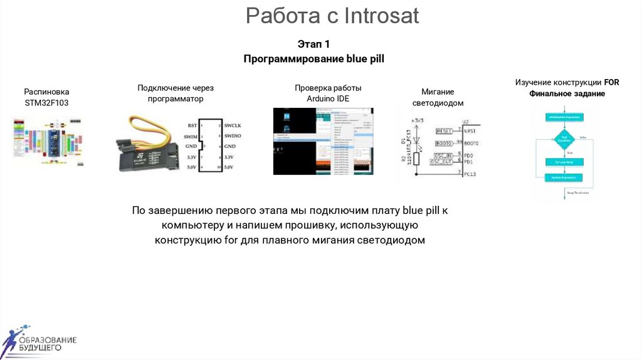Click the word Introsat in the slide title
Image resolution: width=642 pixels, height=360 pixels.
[381, 15]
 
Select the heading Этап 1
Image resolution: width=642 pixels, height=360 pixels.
[313, 44]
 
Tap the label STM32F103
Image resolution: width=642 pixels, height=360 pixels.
[46, 102]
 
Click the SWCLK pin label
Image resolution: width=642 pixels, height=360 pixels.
[233, 125]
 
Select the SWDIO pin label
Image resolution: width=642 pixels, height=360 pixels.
[233, 135]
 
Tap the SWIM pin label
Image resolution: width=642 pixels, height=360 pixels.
[191, 136]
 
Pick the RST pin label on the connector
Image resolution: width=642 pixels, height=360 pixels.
[192, 125]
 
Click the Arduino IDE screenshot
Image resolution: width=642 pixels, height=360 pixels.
[323, 141]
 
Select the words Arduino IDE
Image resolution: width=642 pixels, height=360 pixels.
[328, 99]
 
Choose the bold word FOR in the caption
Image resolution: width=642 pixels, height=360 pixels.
[611, 82]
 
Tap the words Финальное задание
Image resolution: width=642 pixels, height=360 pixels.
[567, 93]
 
